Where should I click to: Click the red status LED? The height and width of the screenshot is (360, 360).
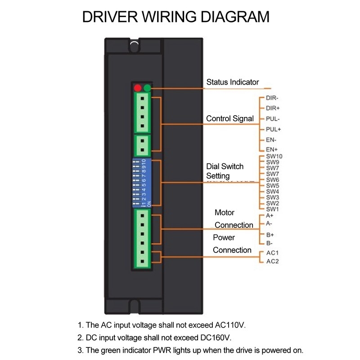[x=138, y=88]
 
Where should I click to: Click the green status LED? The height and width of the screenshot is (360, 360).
[x=147, y=88]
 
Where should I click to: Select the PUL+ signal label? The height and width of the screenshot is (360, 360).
[x=274, y=130]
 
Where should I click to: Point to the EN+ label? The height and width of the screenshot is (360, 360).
[x=272, y=149]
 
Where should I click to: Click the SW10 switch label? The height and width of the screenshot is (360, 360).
[x=274, y=157]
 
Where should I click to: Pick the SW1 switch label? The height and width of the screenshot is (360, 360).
[x=273, y=209]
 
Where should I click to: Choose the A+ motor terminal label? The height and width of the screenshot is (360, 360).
[x=270, y=216]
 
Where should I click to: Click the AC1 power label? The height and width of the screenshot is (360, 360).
[x=273, y=253]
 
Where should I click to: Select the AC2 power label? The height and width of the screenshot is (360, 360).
[x=273, y=261]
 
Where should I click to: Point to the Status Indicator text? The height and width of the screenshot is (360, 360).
[x=232, y=82]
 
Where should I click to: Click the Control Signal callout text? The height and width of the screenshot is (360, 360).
[x=230, y=119]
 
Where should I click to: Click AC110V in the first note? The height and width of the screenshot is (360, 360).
[x=228, y=325]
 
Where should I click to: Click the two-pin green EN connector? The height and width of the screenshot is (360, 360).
[x=142, y=145]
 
